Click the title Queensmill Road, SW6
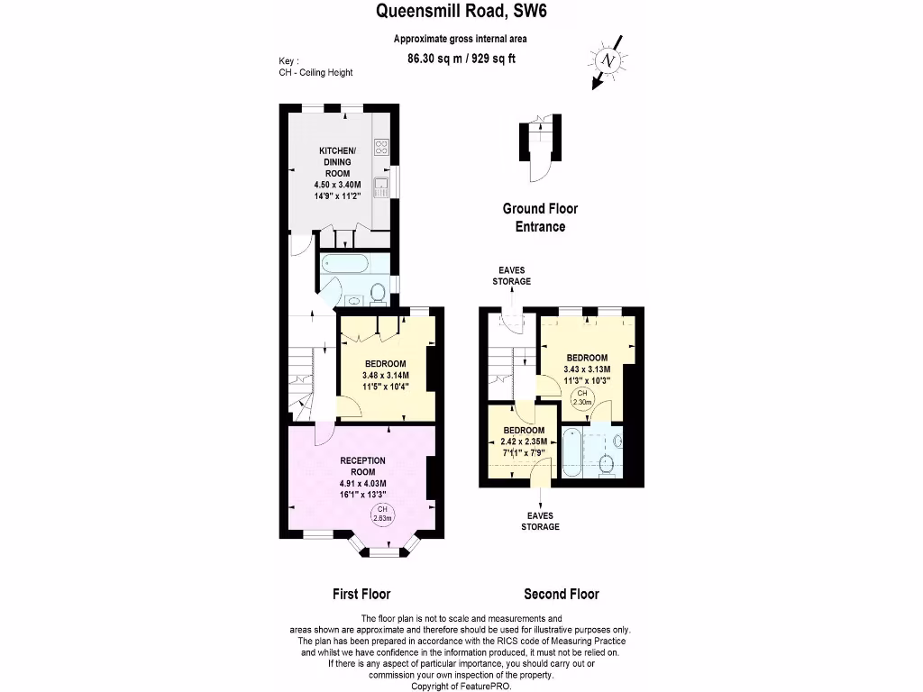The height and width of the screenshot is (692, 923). pyautogui.click(x=461, y=12)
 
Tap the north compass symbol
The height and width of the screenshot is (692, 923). pyautogui.click(x=608, y=60)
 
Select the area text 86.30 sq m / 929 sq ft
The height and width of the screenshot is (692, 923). pyautogui.click(x=461, y=59)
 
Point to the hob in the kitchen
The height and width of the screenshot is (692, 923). pyautogui.click(x=381, y=147)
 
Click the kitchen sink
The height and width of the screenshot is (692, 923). pyautogui.click(x=382, y=187)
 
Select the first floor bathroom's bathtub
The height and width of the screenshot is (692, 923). pyautogui.click(x=343, y=264)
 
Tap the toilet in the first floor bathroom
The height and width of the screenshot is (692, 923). pyautogui.click(x=379, y=292)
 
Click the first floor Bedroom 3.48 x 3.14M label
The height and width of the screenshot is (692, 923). pyautogui.click(x=386, y=376)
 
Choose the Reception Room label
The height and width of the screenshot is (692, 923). pyautogui.click(x=362, y=477)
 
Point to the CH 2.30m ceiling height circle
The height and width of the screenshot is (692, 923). pyautogui.click(x=583, y=399)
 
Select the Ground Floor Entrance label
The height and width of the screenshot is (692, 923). pyautogui.click(x=540, y=217)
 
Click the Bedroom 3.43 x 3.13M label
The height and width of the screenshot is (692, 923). pyautogui.click(x=587, y=369)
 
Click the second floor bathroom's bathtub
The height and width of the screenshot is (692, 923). pyautogui.click(x=572, y=454)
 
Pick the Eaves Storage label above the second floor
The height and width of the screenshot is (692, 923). pyautogui.click(x=511, y=275)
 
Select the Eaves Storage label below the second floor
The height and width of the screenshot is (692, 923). pyautogui.click(x=540, y=521)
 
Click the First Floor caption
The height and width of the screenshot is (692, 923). pyautogui.click(x=361, y=594)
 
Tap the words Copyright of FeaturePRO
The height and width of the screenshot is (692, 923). pyautogui.click(x=461, y=686)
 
